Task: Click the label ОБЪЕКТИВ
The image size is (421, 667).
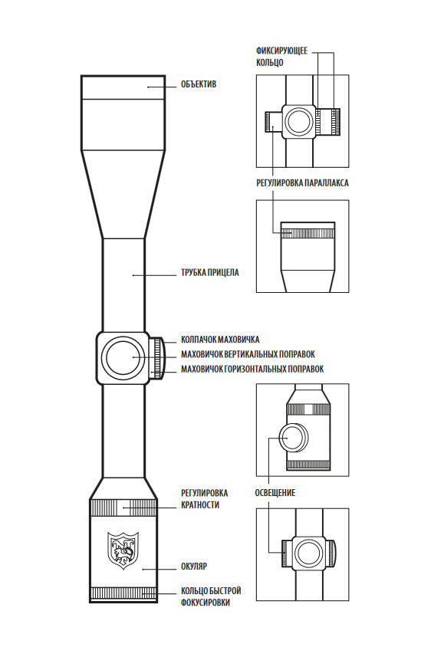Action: click(199, 84)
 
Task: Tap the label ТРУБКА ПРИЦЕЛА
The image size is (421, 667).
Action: click(210, 273)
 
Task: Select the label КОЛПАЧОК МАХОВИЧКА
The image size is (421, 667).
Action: click(220, 340)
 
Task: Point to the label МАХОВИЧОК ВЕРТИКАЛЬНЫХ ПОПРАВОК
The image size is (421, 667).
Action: click(248, 354)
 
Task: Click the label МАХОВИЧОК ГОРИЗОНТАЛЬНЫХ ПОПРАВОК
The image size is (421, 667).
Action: click(252, 369)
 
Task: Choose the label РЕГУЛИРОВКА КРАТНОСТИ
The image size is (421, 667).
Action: click(204, 499)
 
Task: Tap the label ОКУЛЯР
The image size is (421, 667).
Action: click(194, 567)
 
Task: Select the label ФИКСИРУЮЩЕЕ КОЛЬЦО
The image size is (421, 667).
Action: click(281, 57)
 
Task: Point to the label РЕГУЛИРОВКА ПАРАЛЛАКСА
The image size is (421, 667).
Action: click(302, 183)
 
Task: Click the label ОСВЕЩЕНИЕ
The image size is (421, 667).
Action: click(275, 493)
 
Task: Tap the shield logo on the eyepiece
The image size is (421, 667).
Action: click(123, 550)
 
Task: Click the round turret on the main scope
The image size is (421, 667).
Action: click(122, 357)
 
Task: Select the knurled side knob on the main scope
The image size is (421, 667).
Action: click(157, 358)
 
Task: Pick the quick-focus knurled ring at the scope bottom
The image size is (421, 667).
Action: click(123, 593)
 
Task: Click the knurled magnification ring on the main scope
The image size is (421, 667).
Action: click(123, 507)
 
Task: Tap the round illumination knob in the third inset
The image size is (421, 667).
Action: click(294, 438)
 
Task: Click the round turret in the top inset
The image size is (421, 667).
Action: click(299, 121)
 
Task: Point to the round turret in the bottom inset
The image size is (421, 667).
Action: click(308, 554)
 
